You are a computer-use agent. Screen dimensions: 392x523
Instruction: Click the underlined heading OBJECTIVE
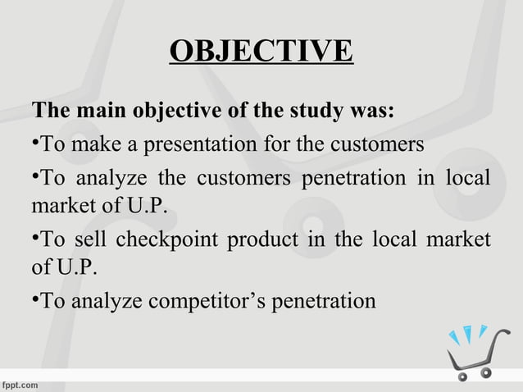tap(261, 51)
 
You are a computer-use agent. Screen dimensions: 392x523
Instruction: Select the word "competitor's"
tap(202, 302)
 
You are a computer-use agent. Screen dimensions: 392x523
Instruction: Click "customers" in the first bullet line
tap(384, 145)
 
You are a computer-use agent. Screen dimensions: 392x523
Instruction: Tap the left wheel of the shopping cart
tap(463, 375)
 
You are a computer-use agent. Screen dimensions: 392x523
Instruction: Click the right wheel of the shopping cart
tap(487, 373)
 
